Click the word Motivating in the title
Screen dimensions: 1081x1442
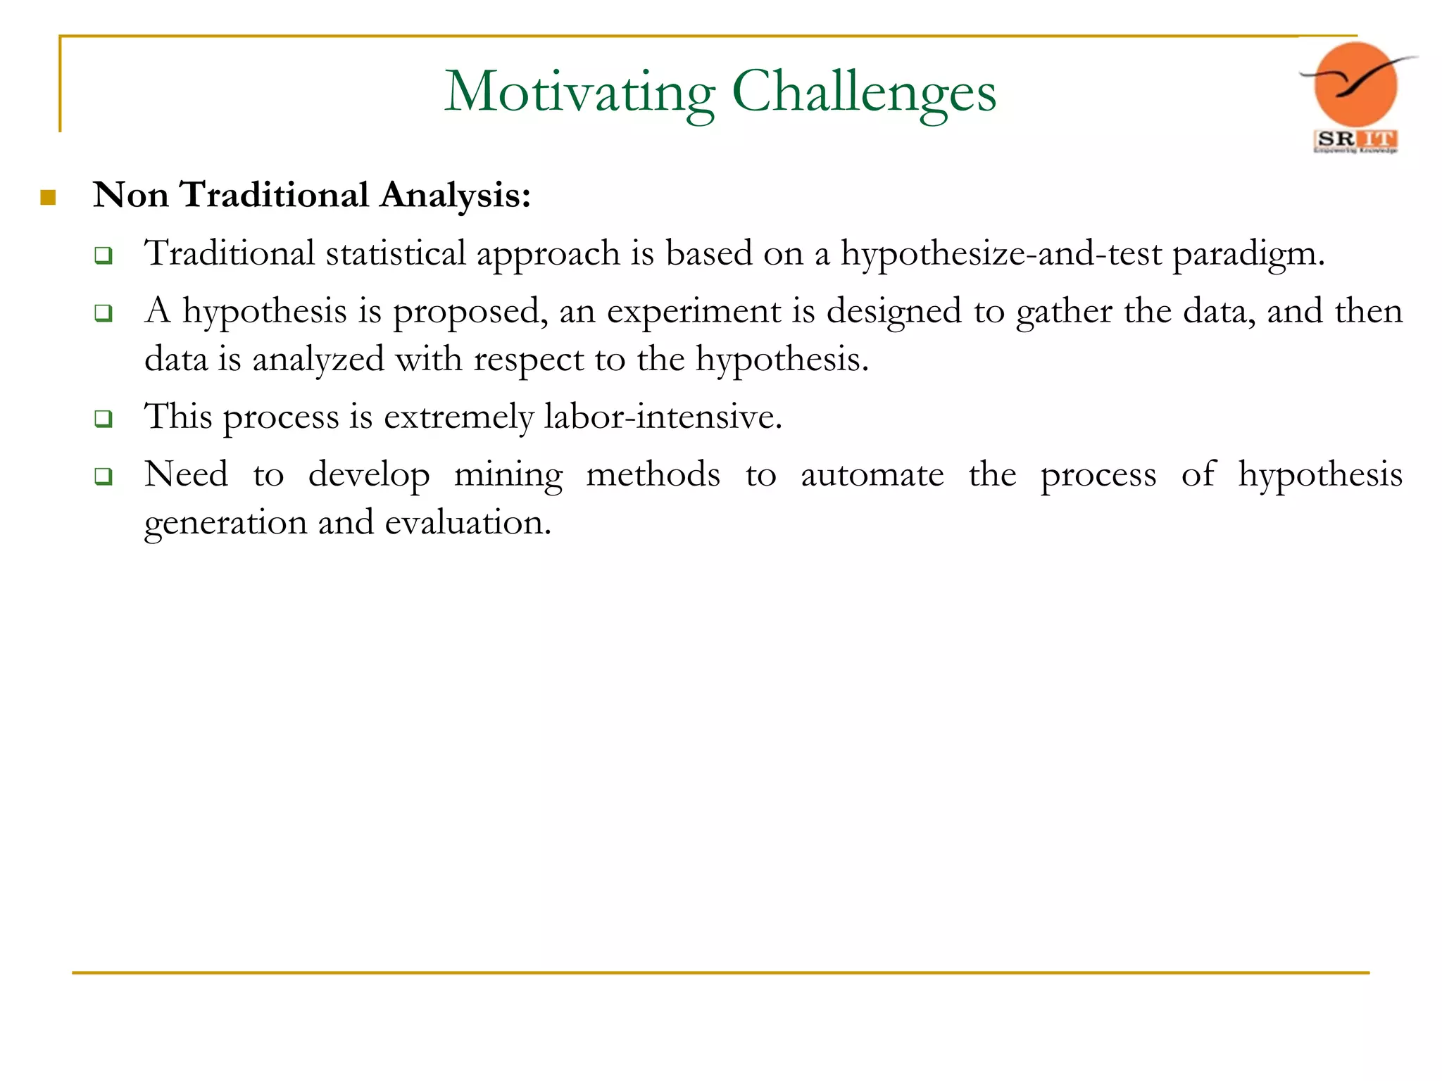tap(579, 92)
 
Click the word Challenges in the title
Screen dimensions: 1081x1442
tap(864, 92)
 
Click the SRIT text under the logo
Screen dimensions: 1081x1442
tap(1355, 140)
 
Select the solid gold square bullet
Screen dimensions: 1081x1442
tap(48, 197)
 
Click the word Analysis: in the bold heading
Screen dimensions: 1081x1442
tap(455, 195)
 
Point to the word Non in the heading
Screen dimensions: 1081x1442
tap(130, 195)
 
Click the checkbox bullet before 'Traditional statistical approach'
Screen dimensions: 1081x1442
tap(104, 255)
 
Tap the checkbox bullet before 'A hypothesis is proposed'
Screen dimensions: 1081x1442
tap(104, 313)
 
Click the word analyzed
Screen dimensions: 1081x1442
tap(318, 360)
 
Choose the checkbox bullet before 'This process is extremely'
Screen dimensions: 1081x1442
tap(104, 419)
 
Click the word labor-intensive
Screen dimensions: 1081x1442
tap(663, 417)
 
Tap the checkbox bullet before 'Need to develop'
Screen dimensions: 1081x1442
tap(104, 477)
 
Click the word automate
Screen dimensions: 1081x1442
tap(872, 475)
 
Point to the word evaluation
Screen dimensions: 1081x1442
tap(468, 523)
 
